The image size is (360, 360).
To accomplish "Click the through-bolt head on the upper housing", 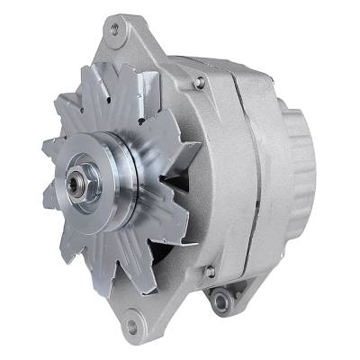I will pyautogui.click(x=199, y=82).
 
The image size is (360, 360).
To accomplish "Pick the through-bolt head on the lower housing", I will pyautogui.click(x=209, y=271).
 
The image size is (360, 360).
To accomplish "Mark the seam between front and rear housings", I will pyautogui.click(x=241, y=180).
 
